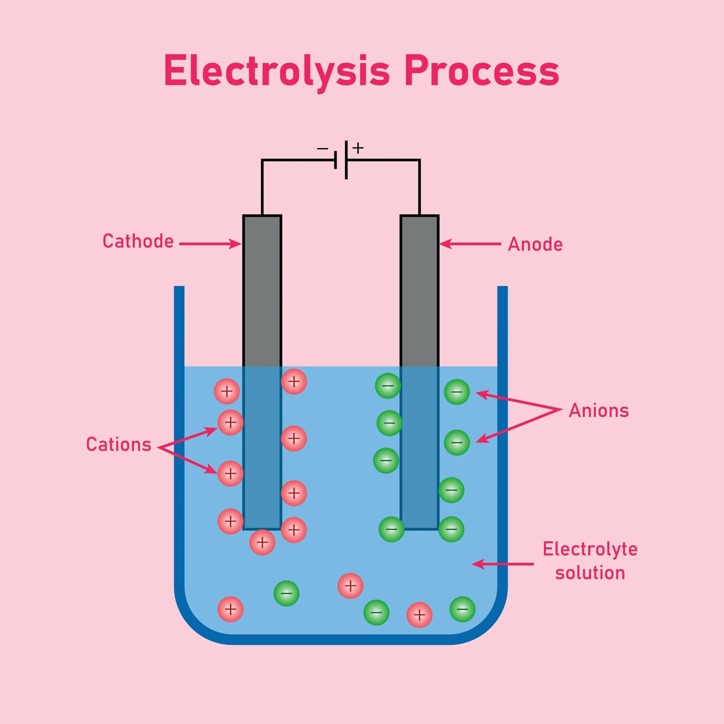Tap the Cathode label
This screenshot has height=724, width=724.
pos(138,241)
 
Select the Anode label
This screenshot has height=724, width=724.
pos(535,244)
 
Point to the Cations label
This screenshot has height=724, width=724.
pos(118,445)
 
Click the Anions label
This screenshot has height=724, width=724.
pos(598,410)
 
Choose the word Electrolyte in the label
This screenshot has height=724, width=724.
pos(590,549)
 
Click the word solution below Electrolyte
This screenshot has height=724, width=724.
pos(590,573)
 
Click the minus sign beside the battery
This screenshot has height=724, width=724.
pos(322,149)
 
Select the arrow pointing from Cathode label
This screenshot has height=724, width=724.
pos(210,244)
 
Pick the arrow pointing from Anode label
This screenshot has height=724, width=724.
pos(470,244)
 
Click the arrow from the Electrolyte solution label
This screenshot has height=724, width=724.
pos(502,564)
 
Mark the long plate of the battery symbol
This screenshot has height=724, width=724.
pos(346,160)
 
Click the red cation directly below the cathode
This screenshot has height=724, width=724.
pos(262,542)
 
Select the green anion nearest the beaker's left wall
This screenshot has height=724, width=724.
pos(286,593)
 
